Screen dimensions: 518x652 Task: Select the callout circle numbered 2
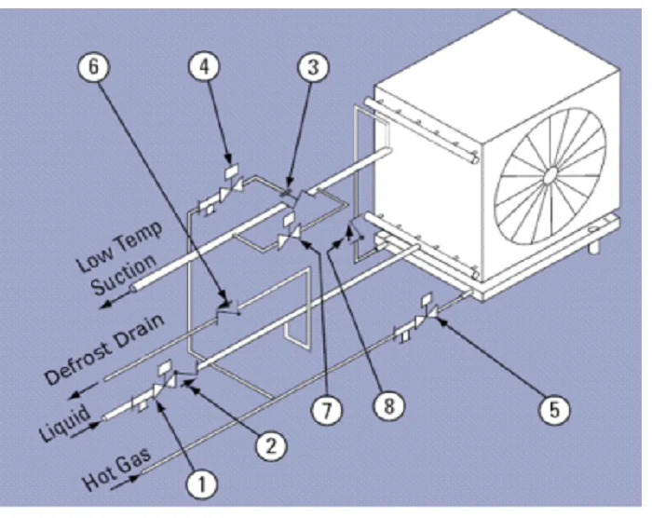coord(270,445)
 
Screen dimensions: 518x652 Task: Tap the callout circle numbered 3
coord(313,67)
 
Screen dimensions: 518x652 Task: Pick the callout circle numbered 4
coord(204,67)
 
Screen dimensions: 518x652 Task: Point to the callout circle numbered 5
coord(554,409)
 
